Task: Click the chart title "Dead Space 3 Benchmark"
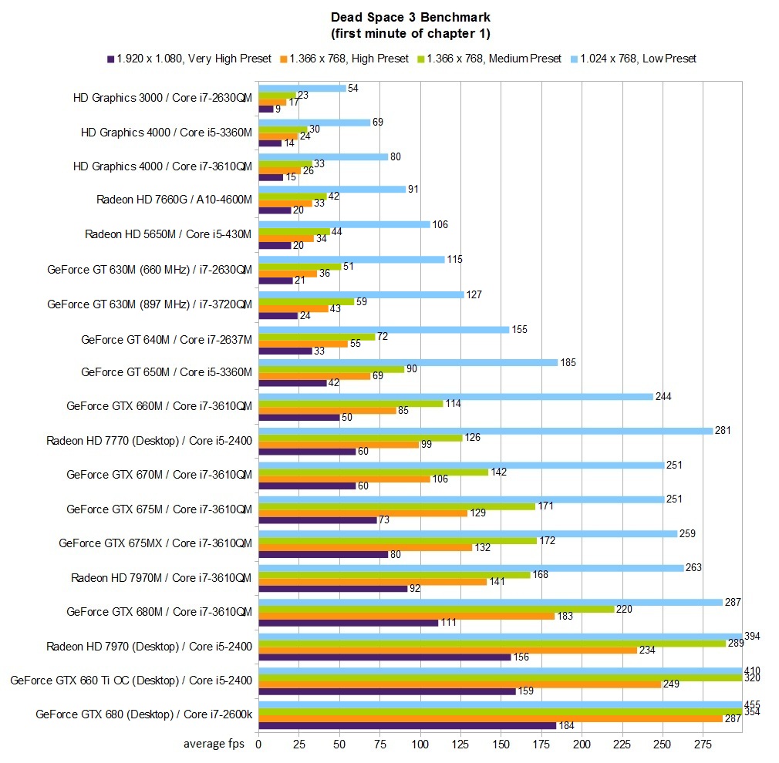[x=410, y=16]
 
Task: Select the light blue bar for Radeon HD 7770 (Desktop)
[x=485, y=431]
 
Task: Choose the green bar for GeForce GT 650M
[x=332, y=368]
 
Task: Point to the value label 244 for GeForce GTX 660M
[x=663, y=397]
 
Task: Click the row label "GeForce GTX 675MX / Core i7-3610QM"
[x=156, y=543]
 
